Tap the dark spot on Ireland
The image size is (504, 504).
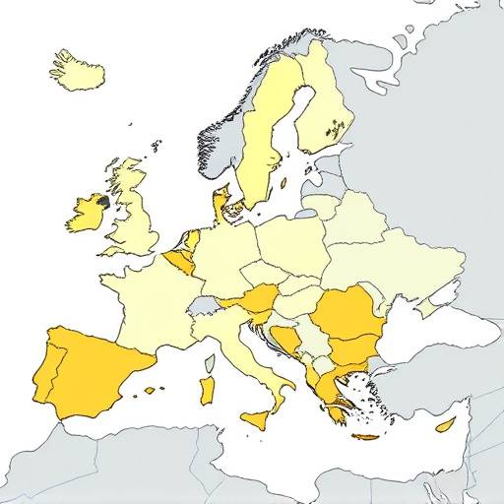tap(101, 201)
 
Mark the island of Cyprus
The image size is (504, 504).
tap(445, 424)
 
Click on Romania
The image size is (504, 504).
tap(345, 313)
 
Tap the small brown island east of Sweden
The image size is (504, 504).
tap(283, 182)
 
